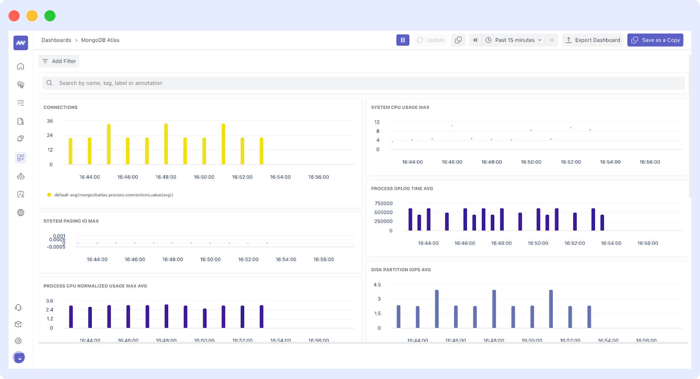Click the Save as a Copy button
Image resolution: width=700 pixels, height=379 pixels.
[x=655, y=40]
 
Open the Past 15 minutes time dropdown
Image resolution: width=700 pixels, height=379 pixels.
[x=514, y=40]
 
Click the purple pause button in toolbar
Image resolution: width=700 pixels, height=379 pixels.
[x=402, y=40]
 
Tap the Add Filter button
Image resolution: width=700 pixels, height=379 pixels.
[x=59, y=61]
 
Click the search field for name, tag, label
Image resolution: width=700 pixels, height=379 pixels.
[x=363, y=83]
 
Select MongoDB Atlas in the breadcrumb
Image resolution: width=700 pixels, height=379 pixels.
[x=100, y=40]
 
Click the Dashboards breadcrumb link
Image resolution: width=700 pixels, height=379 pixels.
[x=56, y=40]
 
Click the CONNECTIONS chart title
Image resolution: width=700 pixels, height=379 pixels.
[x=61, y=107]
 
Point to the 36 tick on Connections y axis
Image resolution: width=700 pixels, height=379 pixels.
[x=50, y=121]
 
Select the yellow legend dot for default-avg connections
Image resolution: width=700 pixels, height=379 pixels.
[x=49, y=195]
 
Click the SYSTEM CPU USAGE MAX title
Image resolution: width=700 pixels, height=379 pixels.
[x=400, y=107]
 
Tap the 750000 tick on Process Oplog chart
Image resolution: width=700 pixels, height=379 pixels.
[x=383, y=203]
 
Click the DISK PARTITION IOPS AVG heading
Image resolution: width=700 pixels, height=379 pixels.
[x=401, y=270]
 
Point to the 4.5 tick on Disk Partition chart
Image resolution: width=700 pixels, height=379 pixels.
[x=377, y=285]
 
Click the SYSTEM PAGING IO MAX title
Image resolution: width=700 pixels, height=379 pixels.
[x=71, y=221]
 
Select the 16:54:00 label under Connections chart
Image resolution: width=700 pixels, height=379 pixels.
[x=280, y=177]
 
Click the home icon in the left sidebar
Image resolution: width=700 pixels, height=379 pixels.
[x=20, y=67]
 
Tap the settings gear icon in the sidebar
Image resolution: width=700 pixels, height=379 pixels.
[x=18, y=341]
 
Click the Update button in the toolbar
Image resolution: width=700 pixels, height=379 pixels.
[x=431, y=40]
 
